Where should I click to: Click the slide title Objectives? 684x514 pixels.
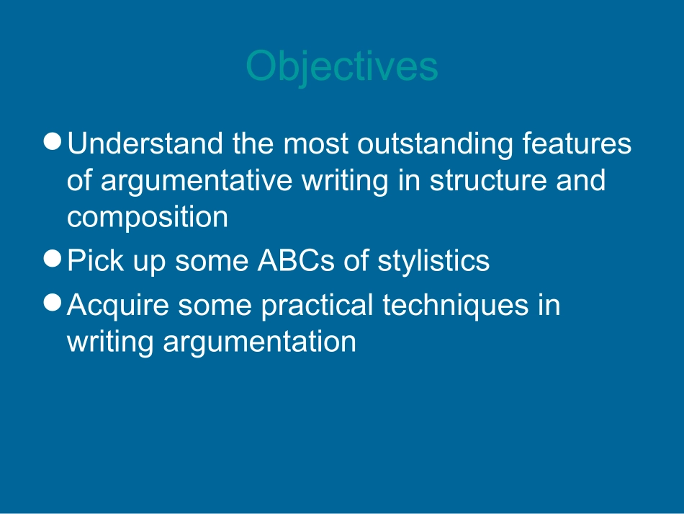pos(342,66)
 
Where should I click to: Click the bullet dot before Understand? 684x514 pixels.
pos(53,141)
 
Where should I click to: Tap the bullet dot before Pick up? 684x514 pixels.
pos(53,258)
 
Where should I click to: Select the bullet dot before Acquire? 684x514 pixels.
pos(53,303)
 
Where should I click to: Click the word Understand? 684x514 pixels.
pos(145,143)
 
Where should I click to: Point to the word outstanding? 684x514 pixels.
pos(435,145)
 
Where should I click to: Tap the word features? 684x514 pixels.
pos(577,143)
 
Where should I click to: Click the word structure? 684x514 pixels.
pos(488,180)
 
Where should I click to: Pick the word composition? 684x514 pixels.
pos(148,218)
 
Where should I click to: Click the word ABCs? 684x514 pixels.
pos(296,261)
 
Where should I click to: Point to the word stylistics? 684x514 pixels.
pos(433,262)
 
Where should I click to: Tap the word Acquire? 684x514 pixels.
pos(118,306)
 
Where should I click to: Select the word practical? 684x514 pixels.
pos(317,306)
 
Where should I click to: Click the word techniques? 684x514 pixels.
pos(456,306)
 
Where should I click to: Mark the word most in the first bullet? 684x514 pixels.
pos(316,145)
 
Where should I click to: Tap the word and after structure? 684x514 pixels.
pos(580,180)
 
